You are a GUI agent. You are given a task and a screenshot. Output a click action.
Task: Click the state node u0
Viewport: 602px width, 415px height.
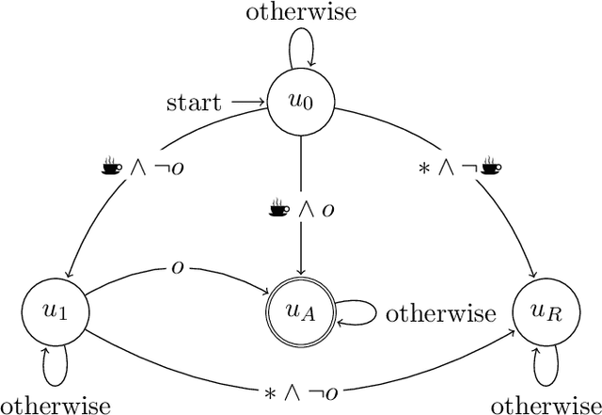(300, 101)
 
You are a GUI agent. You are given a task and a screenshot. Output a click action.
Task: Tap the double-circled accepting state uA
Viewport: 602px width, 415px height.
(300, 312)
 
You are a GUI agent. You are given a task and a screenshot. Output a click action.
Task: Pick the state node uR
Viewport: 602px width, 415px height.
(548, 312)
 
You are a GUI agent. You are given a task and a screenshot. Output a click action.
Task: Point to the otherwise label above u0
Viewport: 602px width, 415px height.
(300, 15)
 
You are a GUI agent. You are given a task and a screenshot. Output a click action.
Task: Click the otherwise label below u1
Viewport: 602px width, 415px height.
(55, 405)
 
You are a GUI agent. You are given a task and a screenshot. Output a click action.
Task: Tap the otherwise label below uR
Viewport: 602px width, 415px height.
(547, 405)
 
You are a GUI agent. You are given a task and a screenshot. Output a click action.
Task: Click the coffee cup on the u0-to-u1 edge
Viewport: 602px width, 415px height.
(112, 168)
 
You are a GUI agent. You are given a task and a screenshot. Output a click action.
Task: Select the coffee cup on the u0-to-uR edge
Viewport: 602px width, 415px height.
(489, 168)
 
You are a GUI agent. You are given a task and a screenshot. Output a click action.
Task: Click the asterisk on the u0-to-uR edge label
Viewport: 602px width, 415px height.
(425, 168)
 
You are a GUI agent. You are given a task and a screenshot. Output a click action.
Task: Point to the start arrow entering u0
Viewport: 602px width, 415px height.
(249, 101)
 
